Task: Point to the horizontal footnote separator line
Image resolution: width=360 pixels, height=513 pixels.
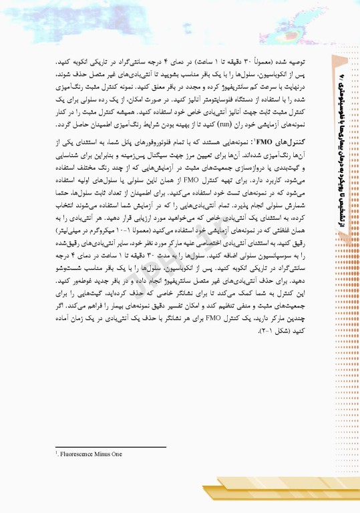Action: [110, 447]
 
